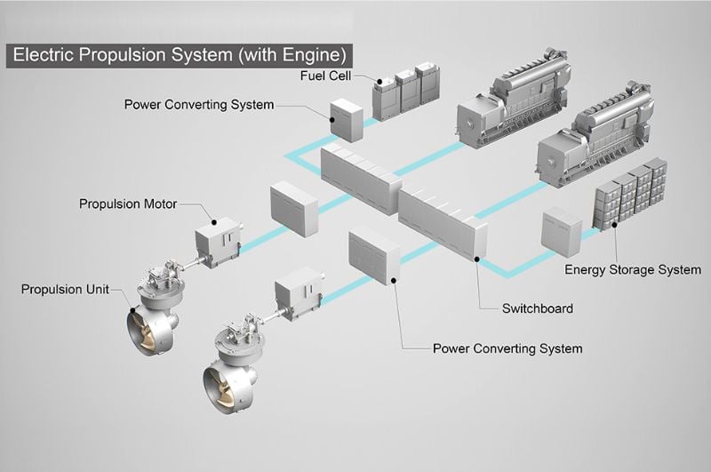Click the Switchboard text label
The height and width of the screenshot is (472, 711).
click(537, 308)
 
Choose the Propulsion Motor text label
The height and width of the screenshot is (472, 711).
click(128, 204)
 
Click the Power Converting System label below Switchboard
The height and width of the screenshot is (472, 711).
click(507, 348)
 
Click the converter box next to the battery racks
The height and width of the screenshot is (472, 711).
click(561, 232)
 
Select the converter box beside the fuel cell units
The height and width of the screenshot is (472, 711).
click(346, 120)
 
